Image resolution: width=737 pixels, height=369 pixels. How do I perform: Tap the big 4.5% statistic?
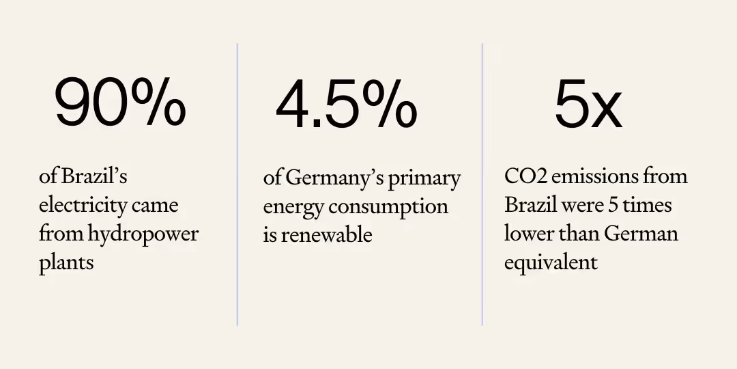[346, 106]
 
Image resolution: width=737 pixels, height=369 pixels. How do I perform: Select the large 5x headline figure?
[588, 106]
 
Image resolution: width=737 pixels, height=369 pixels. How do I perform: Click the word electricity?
[84, 205]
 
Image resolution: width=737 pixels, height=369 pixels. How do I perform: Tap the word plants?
[66, 263]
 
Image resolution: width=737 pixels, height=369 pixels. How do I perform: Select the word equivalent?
[551, 262]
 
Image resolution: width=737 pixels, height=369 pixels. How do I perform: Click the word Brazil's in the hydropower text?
[94, 176]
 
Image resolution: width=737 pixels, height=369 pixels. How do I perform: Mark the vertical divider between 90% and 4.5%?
[237, 184]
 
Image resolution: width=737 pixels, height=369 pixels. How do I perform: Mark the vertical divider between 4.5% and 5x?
[482, 184]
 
